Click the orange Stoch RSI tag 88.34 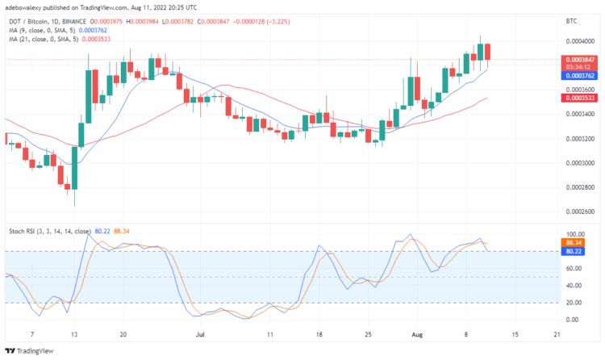point(574,242)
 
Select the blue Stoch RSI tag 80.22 point(574,251)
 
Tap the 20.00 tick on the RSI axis point(572,303)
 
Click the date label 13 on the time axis point(75,333)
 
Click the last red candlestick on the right point(488,51)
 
